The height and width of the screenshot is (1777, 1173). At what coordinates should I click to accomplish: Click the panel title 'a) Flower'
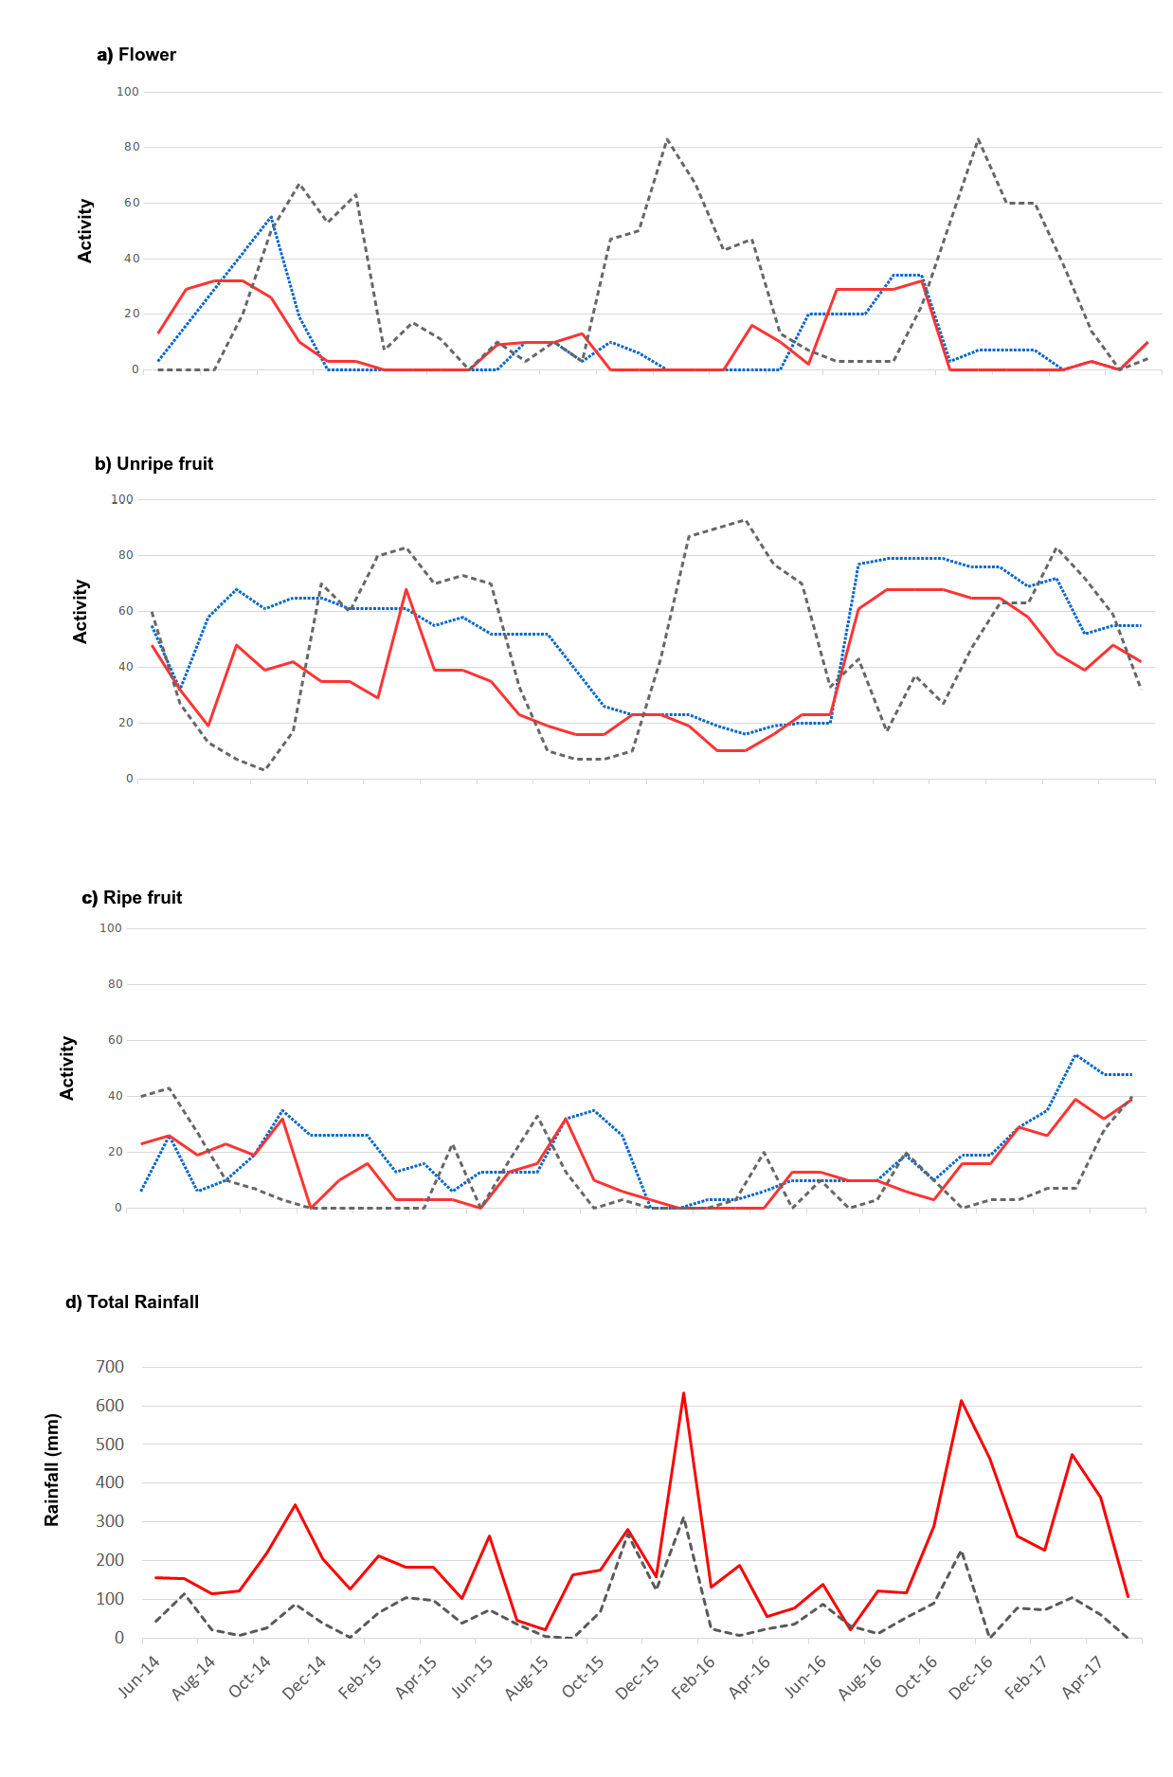tap(136, 55)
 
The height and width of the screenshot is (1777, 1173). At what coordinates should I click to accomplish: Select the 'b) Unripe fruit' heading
tap(153, 464)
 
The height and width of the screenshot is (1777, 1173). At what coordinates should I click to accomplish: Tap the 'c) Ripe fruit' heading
tap(132, 898)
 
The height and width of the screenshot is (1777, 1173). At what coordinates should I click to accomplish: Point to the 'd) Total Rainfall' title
tap(132, 1302)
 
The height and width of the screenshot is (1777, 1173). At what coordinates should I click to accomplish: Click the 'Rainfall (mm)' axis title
tap(52, 1469)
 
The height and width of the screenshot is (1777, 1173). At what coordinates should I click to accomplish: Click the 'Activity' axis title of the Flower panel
tap(85, 231)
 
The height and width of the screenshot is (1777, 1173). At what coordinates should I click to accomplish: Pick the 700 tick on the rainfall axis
tap(110, 1367)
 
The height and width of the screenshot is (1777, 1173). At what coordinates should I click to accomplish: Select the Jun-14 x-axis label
tap(139, 1676)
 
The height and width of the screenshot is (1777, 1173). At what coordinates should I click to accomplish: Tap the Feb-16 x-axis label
tap(694, 1677)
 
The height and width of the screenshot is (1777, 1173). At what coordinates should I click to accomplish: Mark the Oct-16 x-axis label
tap(915, 1677)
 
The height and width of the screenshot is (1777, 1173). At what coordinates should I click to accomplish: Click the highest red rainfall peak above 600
tap(683, 1393)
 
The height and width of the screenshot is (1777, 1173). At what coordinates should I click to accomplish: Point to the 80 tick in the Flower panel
tap(131, 147)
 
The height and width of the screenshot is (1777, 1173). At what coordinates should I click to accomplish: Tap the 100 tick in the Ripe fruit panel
tap(111, 928)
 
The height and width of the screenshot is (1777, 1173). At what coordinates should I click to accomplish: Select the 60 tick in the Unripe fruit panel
tap(125, 611)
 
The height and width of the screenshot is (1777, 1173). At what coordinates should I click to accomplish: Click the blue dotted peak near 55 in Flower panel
tap(271, 217)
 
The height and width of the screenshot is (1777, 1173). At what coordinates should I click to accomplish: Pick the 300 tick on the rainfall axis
tap(110, 1521)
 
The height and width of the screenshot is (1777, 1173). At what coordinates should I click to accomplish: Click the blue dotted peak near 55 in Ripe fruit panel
tap(1075, 1054)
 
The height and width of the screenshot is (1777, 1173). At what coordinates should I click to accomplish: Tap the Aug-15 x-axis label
tap(527, 1677)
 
